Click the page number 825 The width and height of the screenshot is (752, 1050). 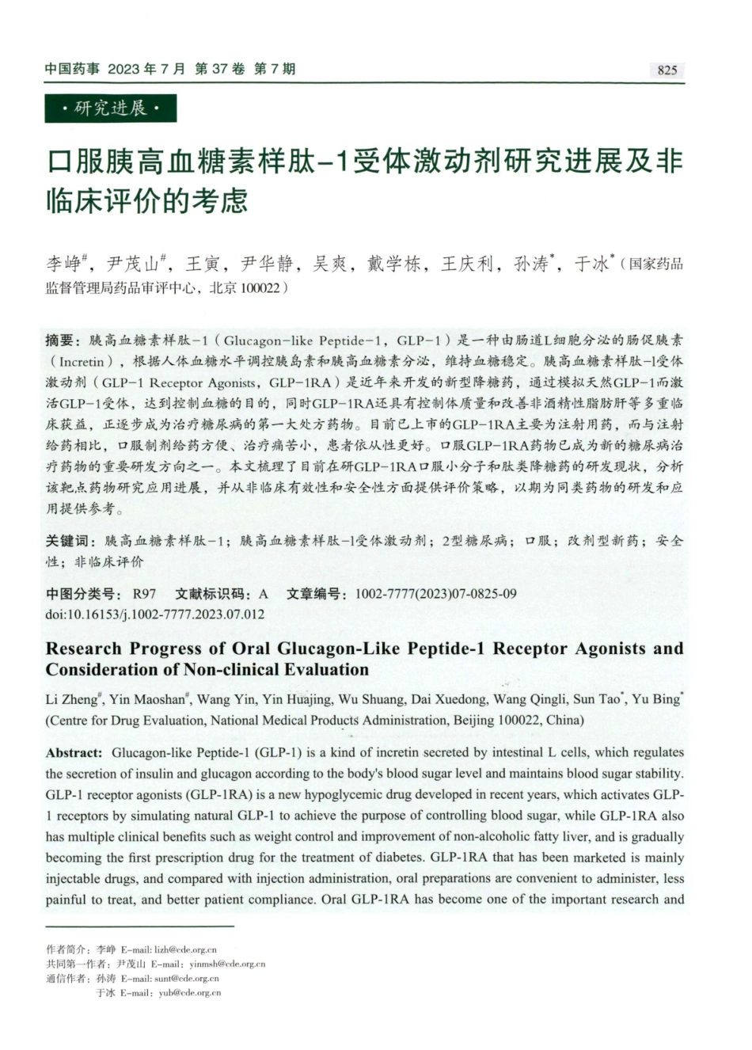click(667, 70)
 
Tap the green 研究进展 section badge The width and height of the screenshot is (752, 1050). click(111, 108)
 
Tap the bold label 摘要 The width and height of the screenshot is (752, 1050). click(63, 340)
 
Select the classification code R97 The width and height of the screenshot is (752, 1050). click(144, 593)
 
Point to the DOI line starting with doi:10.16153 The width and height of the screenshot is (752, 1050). click(155, 614)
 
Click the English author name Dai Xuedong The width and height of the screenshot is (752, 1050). click(448, 699)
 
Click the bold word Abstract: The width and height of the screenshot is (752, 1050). click(74, 752)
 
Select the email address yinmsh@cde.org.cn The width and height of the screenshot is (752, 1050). click(227, 964)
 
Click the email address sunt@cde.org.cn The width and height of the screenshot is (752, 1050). click(186, 978)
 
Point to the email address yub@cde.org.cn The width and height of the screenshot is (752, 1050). click(189, 992)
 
